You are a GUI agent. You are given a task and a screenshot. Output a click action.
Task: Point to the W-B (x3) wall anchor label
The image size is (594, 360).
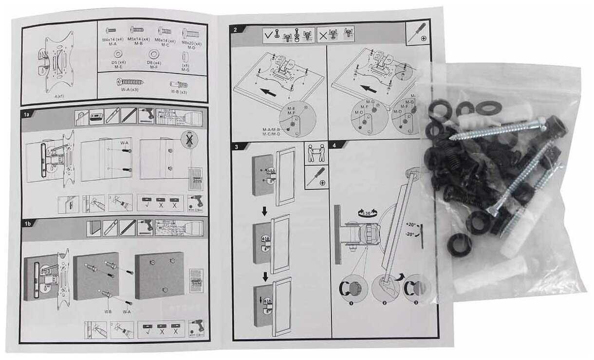coord(179,92)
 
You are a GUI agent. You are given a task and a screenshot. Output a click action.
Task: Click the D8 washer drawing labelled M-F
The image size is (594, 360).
coord(154,53)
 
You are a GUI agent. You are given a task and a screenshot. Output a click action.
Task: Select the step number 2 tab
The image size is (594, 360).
coord(236,30)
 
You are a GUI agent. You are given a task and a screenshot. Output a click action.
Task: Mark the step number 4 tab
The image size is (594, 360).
coord(334,145)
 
